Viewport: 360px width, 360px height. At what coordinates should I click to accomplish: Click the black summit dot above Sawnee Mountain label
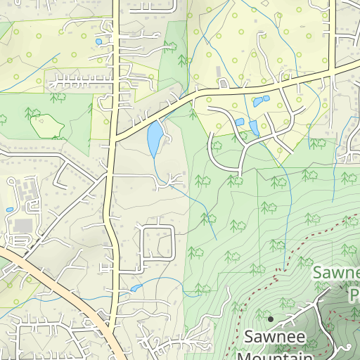pos(270,319)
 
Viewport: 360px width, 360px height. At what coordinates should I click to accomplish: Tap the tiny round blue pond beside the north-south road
pos(98,41)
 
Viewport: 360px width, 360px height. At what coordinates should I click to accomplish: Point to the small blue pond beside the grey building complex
pos(9,210)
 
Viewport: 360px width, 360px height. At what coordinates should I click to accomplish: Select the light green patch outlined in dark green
pos(46,126)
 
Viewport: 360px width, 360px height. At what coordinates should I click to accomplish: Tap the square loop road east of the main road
pos(157,241)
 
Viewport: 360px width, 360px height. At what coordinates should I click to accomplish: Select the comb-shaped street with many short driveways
pos(77,75)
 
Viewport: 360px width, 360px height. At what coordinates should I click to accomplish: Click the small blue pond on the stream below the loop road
pos(135,288)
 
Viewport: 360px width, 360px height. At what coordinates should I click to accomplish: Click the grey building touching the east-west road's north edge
pos(222,84)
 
